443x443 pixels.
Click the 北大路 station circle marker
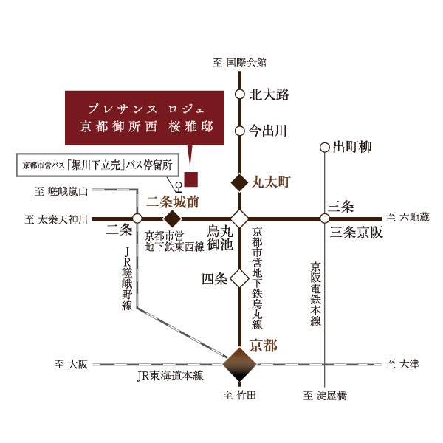239,95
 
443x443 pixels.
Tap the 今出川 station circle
239,131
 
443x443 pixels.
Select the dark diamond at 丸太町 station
239,182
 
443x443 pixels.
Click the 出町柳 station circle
325,148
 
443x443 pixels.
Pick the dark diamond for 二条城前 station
172,219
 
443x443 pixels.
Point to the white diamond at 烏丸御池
239,219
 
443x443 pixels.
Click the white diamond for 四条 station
239,278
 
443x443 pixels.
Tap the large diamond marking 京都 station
239,364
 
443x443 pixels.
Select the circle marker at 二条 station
137,219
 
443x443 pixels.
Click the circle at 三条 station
325,219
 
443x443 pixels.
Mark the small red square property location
191,179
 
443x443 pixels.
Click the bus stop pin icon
178,188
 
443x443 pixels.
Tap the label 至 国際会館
239,63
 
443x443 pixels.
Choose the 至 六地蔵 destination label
408,217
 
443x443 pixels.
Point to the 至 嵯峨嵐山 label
61,191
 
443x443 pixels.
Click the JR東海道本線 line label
170,376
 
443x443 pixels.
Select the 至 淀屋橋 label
325,396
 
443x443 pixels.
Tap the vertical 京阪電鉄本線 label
315,294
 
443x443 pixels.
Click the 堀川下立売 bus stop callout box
97,165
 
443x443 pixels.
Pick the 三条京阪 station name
357,233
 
